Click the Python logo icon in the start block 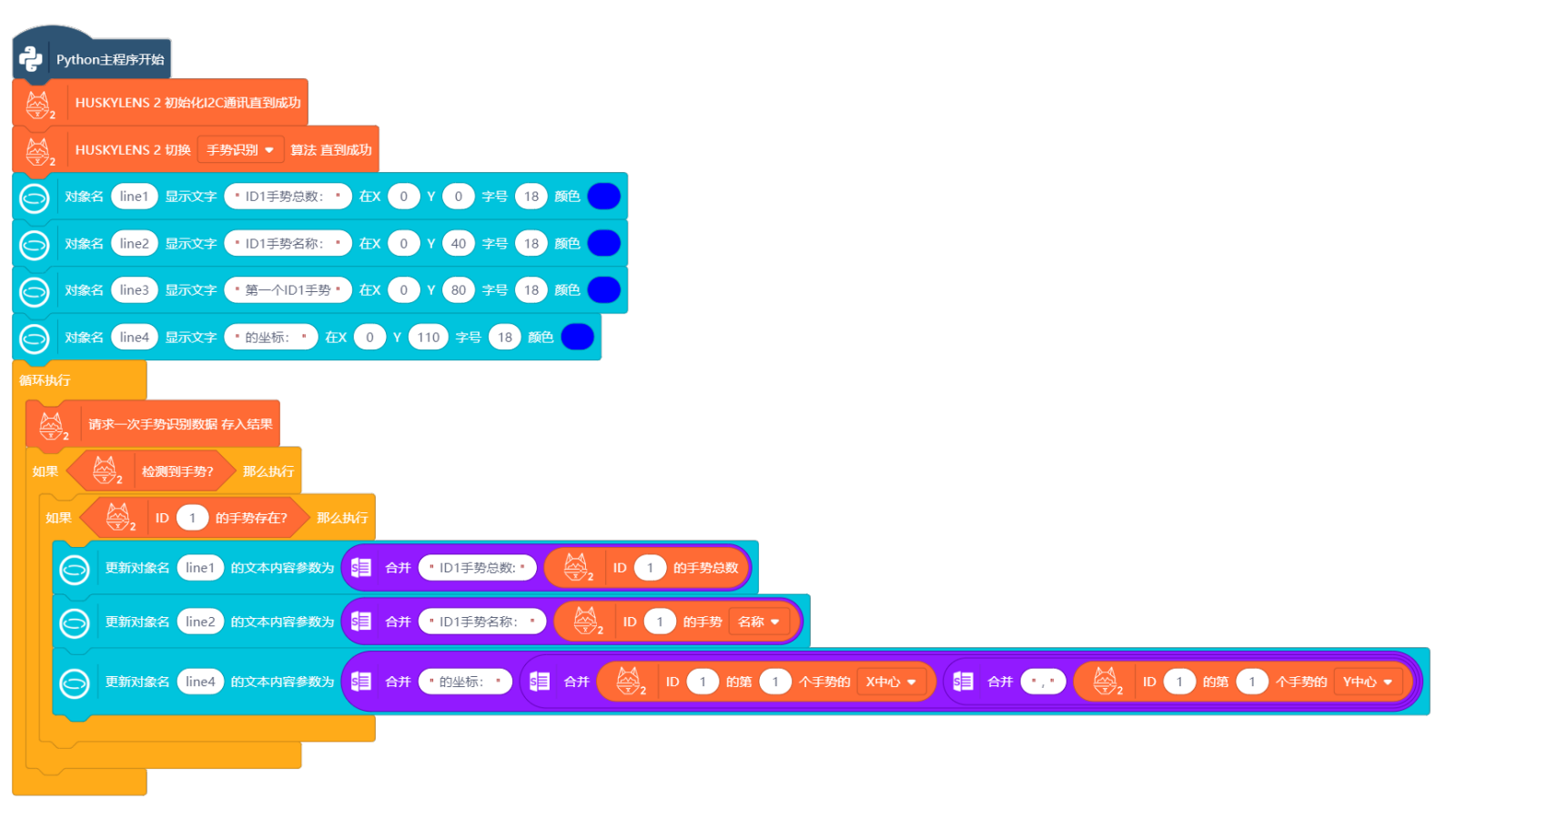coord(31,59)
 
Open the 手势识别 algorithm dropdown coord(240,150)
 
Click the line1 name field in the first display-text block coord(134,197)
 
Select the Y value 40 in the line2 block coord(458,244)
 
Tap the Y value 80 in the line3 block coord(458,290)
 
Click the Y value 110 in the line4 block coord(428,338)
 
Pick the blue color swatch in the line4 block coord(578,338)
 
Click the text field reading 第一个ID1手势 coord(288,290)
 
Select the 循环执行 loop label coord(45,380)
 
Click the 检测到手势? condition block coord(177,471)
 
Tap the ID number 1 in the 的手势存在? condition coord(192,518)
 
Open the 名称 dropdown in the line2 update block coord(759,622)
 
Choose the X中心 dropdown coord(891,682)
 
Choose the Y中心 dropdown coord(1368,682)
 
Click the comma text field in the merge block coord(1043,682)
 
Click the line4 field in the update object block coord(200,682)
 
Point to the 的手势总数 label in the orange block coord(705,568)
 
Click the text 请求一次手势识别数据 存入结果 coord(180,424)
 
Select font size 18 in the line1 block coord(531,197)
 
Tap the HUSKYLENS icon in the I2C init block coord(38,104)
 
